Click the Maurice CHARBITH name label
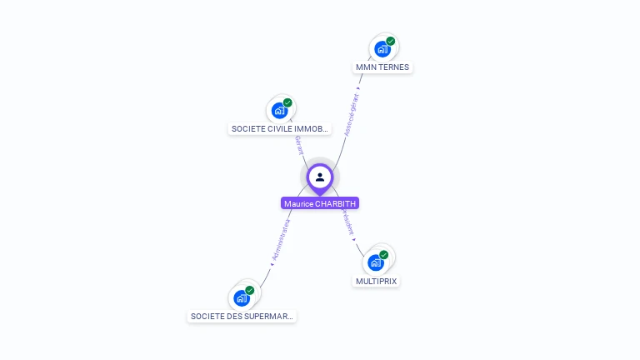click(x=320, y=203)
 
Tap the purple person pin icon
click(x=320, y=177)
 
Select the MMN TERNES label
click(x=382, y=67)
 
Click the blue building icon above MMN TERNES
click(x=382, y=49)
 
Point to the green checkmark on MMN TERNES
click(x=390, y=42)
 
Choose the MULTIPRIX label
click(x=376, y=281)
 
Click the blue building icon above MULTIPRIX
click(x=375, y=262)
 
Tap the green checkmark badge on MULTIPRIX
click(x=383, y=255)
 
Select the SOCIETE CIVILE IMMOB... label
click(x=281, y=129)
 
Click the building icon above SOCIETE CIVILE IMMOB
click(x=279, y=111)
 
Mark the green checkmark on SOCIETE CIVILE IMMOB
click(x=287, y=103)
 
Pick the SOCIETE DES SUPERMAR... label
click(x=242, y=317)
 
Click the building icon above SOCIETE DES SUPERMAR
click(x=241, y=297)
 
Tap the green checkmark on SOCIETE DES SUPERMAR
click(x=249, y=291)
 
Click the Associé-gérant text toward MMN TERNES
click(x=352, y=115)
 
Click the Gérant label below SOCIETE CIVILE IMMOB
click(x=298, y=146)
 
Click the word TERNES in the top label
click(x=394, y=67)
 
